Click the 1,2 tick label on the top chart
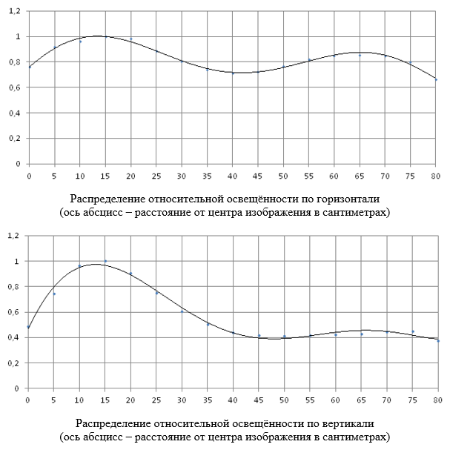pos(13,11)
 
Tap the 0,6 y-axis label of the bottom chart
pos(13,312)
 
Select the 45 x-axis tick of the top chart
pos(258,176)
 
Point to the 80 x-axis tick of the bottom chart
pos(437,400)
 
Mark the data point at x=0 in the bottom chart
pos(29,327)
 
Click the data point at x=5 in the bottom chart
pos(54,294)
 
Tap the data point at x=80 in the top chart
pos(437,79)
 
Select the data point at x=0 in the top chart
pos(29,67)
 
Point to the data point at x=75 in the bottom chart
pos(412,331)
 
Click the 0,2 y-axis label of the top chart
pos(13,139)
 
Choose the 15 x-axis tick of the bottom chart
pos(105,400)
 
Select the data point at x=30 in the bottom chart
pos(182,311)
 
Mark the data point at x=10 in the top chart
pos(80,42)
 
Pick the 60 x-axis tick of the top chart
pos(334,176)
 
